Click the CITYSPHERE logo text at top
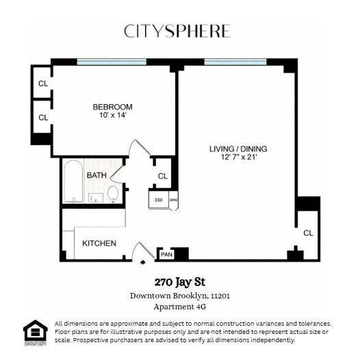click(x=177, y=31)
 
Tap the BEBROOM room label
click(x=112, y=107)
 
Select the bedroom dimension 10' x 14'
click(x=112, y=116)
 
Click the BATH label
click(x=96, y=175)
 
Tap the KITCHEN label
click(x=99, y=243)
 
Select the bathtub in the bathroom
click(x=73, y=183)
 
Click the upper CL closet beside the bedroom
click(x=43, y=83)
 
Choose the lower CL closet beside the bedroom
click(x=43, y=117)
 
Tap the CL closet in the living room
click(x=307, y=233)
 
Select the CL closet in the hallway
click(x=162, y=176)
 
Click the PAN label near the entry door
click(x=165, y=255)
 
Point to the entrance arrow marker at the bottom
click(x=143, y=261)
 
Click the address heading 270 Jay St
click(x=179, y=282)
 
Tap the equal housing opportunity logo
click(x=34, y=331)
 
